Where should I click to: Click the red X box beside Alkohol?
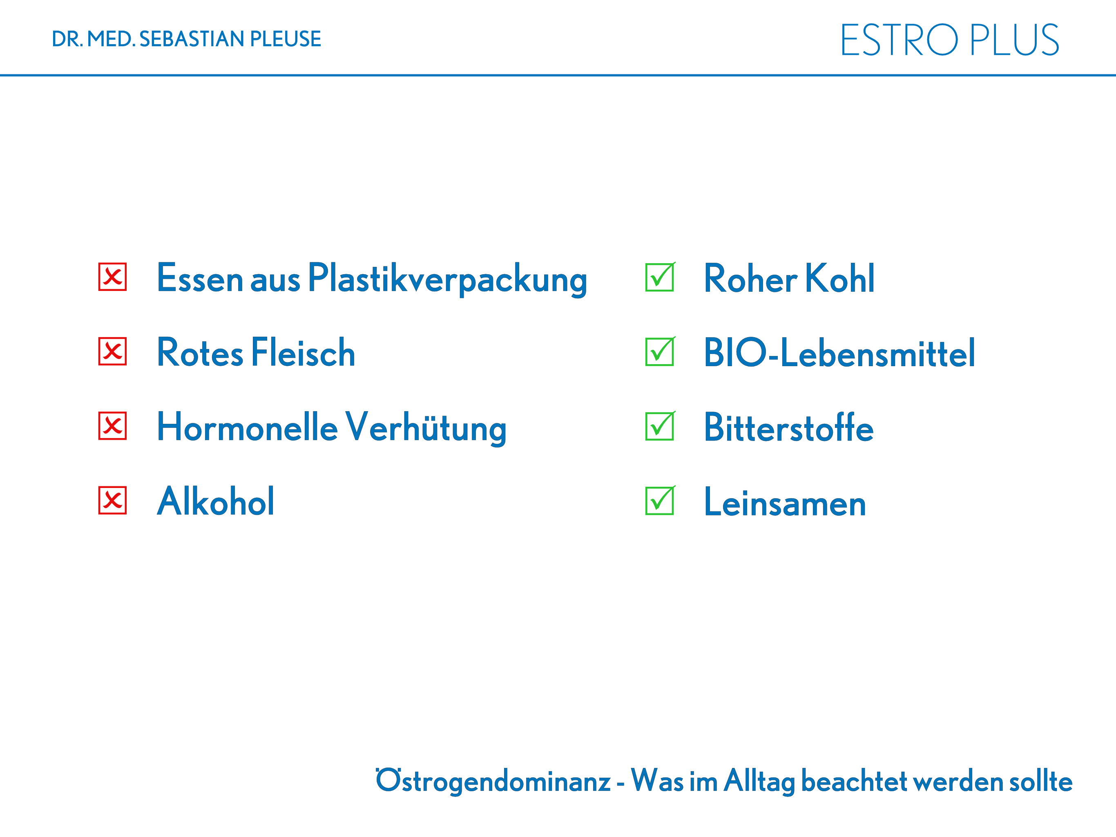(112, 500)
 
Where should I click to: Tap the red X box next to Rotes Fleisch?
(112, 351)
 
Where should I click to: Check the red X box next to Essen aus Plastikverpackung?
(112, 277)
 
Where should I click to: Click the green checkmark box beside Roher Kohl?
(660, 277)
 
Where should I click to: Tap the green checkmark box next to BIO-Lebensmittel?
(660, 351)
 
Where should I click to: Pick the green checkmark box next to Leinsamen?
(660, 500)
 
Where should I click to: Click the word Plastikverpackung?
(448, 279)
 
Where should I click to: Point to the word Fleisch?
(303, 352)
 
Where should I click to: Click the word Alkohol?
(216, 501)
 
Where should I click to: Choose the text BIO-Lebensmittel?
(839, 352)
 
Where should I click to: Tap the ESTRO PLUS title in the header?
(949, 40)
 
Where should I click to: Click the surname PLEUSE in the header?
(286, 39)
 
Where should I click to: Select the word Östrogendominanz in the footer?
(493, 781)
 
